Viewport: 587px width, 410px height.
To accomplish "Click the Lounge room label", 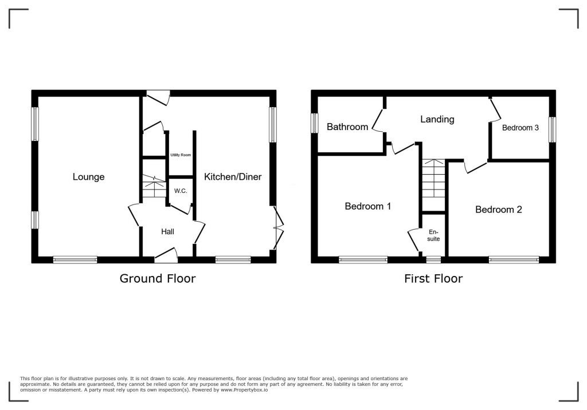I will click(88, 177).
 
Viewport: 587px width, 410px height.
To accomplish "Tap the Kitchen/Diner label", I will click(233, 177).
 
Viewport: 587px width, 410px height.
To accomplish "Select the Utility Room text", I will click(181, 155).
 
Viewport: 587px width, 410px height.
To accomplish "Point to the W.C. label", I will click(181, 191).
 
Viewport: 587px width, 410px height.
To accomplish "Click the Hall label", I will click(167, 231).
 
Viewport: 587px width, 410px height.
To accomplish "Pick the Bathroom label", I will click(347, 127).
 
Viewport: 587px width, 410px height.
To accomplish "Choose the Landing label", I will click(437, 120).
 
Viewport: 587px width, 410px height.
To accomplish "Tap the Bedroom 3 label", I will click(521, 128).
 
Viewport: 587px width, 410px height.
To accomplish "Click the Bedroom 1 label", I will click(368, 206).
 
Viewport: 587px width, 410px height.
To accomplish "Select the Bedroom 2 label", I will click(499, 210).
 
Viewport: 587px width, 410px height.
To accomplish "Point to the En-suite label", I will click(433, 235).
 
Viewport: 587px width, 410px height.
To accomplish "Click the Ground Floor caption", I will click(158, 279).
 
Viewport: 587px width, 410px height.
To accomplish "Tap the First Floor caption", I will click(433, 279).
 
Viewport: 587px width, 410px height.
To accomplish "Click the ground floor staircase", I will click(154, 187).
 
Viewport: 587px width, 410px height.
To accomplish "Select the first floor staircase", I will click(433, 178).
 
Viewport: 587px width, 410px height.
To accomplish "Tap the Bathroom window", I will click(315, 123).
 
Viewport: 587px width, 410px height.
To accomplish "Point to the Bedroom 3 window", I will click(552, 129).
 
